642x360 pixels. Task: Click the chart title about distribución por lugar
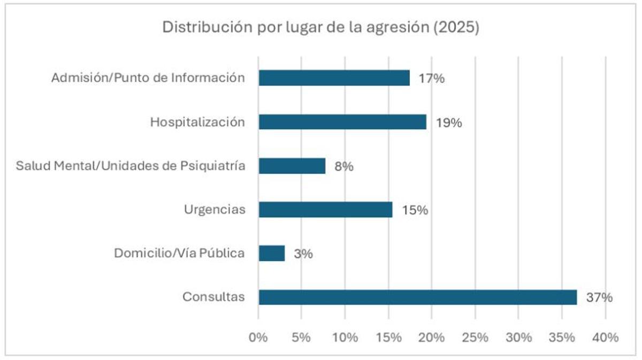(320, 28)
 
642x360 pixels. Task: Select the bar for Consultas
(417, 297)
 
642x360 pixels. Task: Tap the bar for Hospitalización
(342, 122)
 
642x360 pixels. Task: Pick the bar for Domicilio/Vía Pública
(271, 253)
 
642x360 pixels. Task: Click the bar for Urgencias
(325, 210)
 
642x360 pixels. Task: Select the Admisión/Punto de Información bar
(334, 78)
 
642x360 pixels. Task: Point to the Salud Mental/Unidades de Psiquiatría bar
(292, 166)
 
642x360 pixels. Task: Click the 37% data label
(599, 298)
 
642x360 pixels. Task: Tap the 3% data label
(303, 254)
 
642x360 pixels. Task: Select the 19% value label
(448, 122)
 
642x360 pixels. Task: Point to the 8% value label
(343, 166)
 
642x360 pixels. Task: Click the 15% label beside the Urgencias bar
(415, 210)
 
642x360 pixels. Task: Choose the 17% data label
(431, 79)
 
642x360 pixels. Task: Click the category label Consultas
(213, 297)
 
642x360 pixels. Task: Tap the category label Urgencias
(214, 209)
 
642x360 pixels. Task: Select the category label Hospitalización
(197, 122)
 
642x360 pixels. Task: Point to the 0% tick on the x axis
(258, 338)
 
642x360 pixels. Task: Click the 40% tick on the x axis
(605, 338)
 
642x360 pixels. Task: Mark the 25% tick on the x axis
(475, 338)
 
